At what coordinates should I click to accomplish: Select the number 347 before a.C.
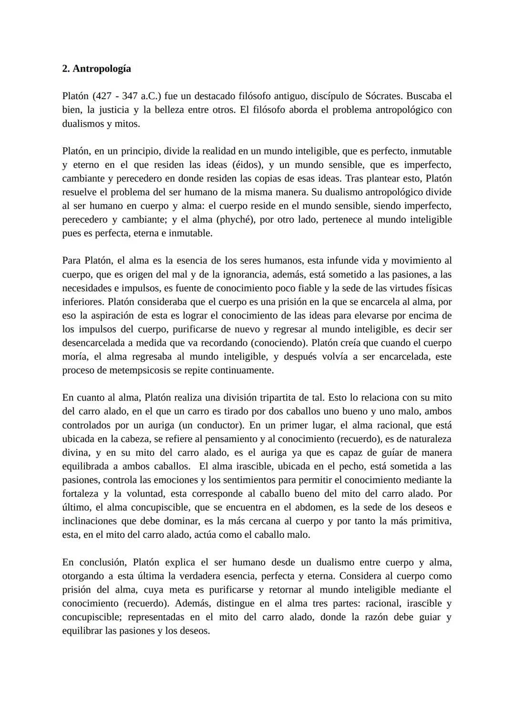pyautogui.click(x=130, y=96)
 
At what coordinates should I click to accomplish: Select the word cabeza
pyautogui.click(x=144, y=439)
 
